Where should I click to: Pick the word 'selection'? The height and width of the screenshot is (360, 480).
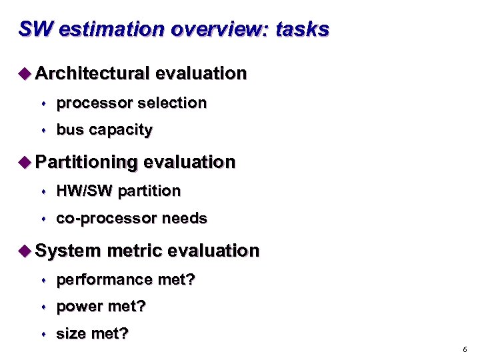coord(173,103)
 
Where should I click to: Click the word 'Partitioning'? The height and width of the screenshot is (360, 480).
coord(87,163)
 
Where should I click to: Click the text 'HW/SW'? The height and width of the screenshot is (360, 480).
coord(85,191)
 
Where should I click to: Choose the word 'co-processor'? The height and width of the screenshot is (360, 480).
coord(107,219)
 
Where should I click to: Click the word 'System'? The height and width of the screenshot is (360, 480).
coord(68,251)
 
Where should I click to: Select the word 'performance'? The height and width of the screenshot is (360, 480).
coord(104,280)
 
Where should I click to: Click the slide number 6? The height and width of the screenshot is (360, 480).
coord(464,349)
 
